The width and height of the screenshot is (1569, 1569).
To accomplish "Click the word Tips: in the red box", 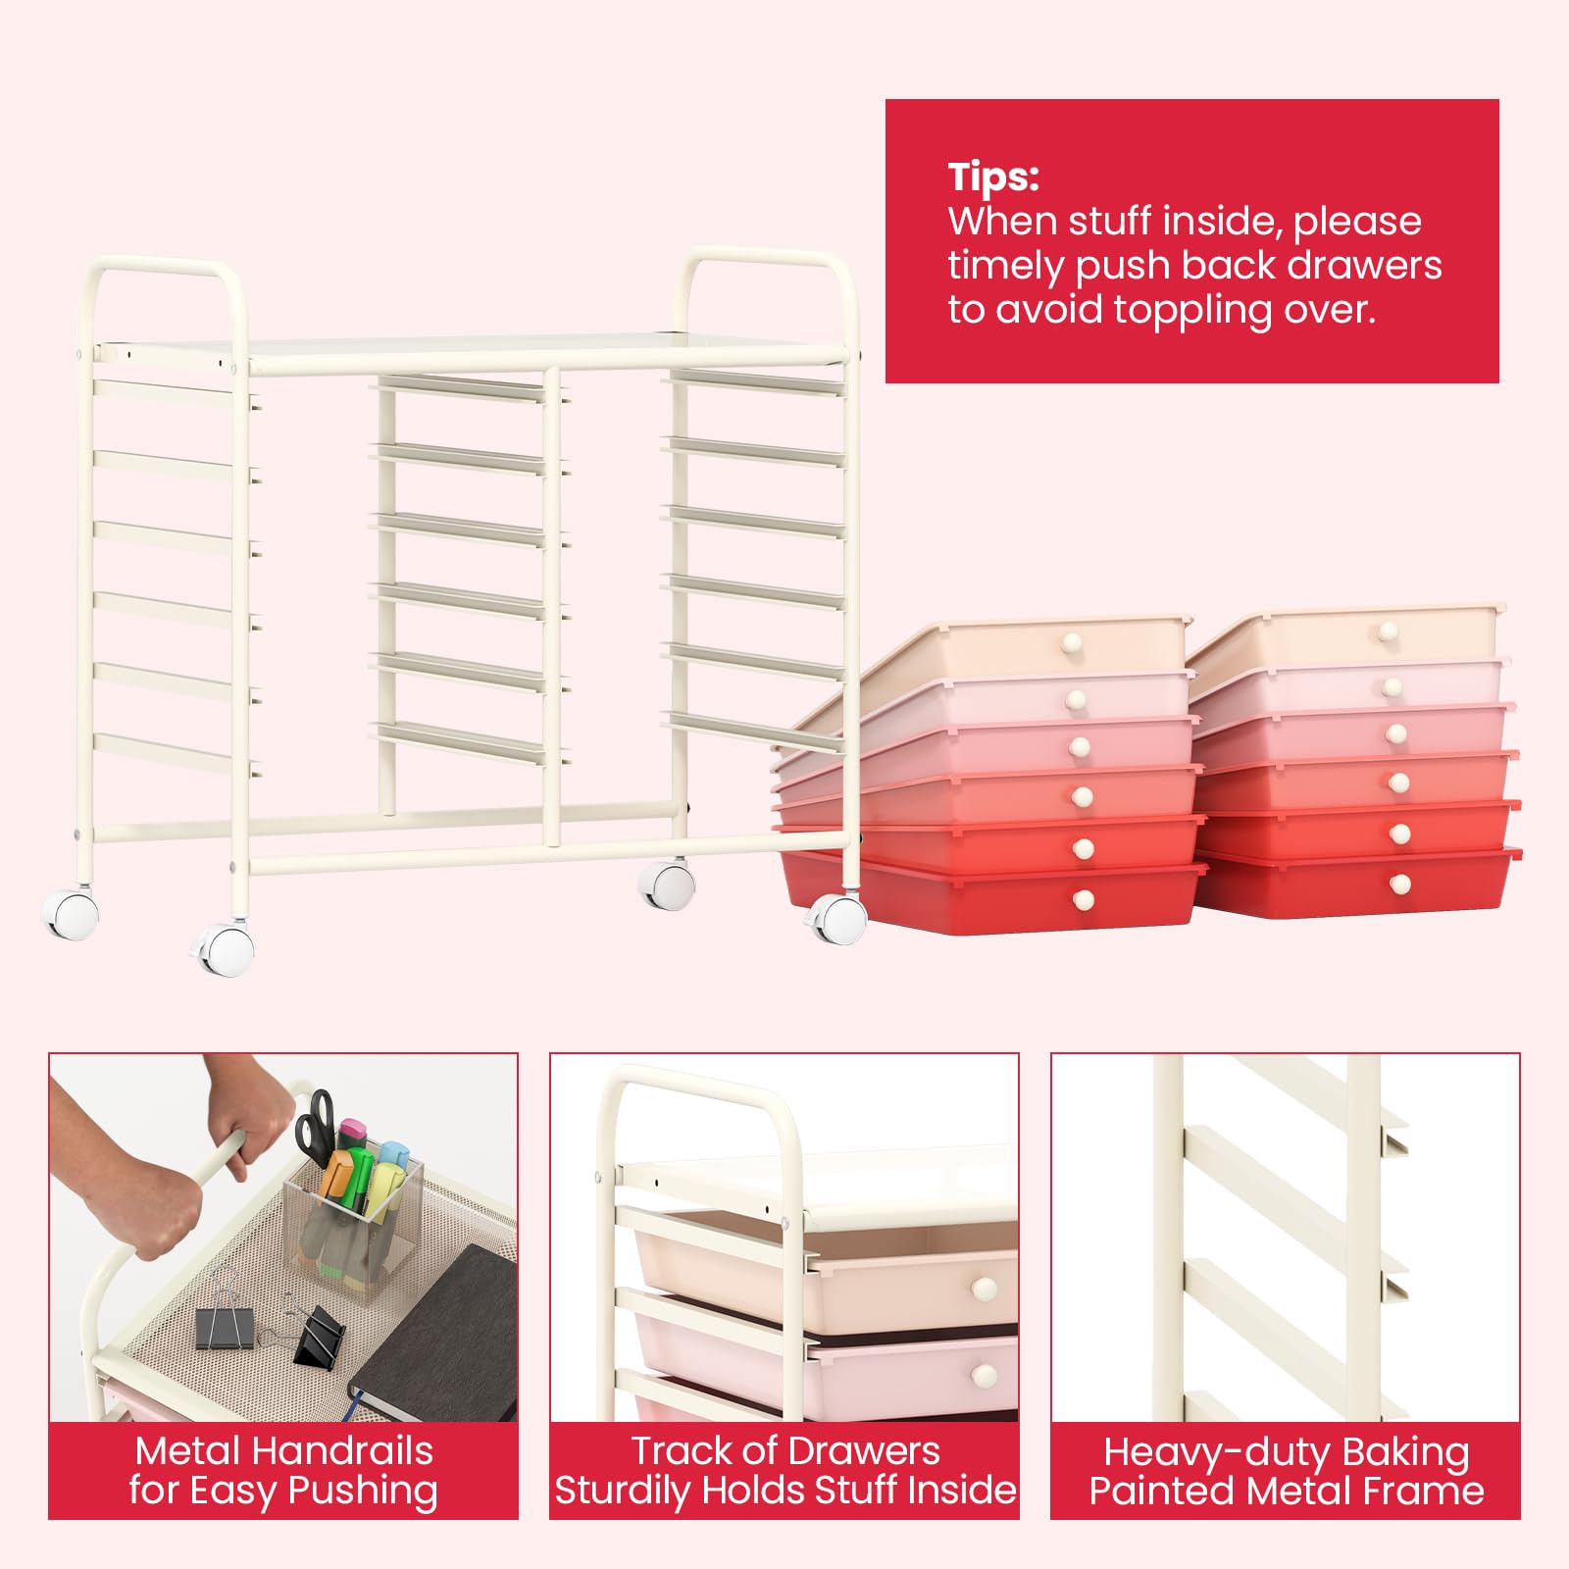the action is pos(993,177).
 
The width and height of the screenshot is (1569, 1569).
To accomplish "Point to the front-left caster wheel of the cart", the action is pos(225,950).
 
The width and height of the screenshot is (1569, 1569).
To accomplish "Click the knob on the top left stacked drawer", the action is pos(1071,644).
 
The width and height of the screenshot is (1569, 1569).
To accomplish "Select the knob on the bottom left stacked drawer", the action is pos(1084,899).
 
